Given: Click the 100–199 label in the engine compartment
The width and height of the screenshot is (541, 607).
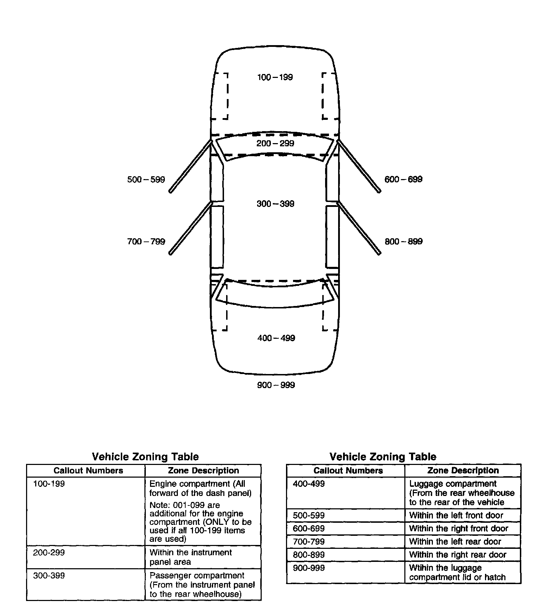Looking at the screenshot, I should click(x=275, y=77).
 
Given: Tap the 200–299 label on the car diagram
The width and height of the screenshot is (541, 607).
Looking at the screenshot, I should click(x=275, y=143).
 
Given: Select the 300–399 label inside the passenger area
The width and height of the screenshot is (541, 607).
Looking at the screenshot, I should click(x=275, y=204).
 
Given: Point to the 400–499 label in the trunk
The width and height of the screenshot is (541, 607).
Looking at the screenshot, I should click(x=276, y=338).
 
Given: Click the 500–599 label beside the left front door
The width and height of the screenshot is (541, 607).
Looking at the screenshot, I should click(x=146, y=180).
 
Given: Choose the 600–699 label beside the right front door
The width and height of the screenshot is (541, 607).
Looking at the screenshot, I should click(x=403, y=179).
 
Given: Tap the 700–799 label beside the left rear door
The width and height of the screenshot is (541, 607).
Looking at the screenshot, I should click(x=146, y=241).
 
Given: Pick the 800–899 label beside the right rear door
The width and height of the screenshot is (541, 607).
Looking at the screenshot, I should click(x=403, y=241).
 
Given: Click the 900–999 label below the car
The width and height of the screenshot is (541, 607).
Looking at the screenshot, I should click(x=276, y=385).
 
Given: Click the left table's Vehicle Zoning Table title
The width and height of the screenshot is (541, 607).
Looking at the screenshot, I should click(x=145, y=457).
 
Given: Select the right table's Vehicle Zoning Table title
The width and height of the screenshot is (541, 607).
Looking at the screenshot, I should click(x=383, y=457).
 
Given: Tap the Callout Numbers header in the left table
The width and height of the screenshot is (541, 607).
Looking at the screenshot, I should click(x=88, y=471).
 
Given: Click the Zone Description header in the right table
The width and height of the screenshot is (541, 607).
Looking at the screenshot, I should click(x=463, y=471).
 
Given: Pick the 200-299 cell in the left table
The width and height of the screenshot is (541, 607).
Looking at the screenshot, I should click(x=49, y=552).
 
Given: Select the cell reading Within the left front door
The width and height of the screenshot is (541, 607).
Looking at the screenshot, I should click(x=456, y=515).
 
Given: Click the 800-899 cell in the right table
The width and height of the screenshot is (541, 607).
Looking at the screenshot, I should click(x=309, y=555).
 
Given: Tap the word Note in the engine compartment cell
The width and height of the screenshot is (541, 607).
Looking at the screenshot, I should click(x=158, y=505).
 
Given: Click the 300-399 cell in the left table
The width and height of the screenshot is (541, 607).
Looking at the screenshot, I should click(x=49, y=576).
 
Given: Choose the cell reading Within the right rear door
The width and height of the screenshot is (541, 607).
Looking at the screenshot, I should click(x=458, y=555).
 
